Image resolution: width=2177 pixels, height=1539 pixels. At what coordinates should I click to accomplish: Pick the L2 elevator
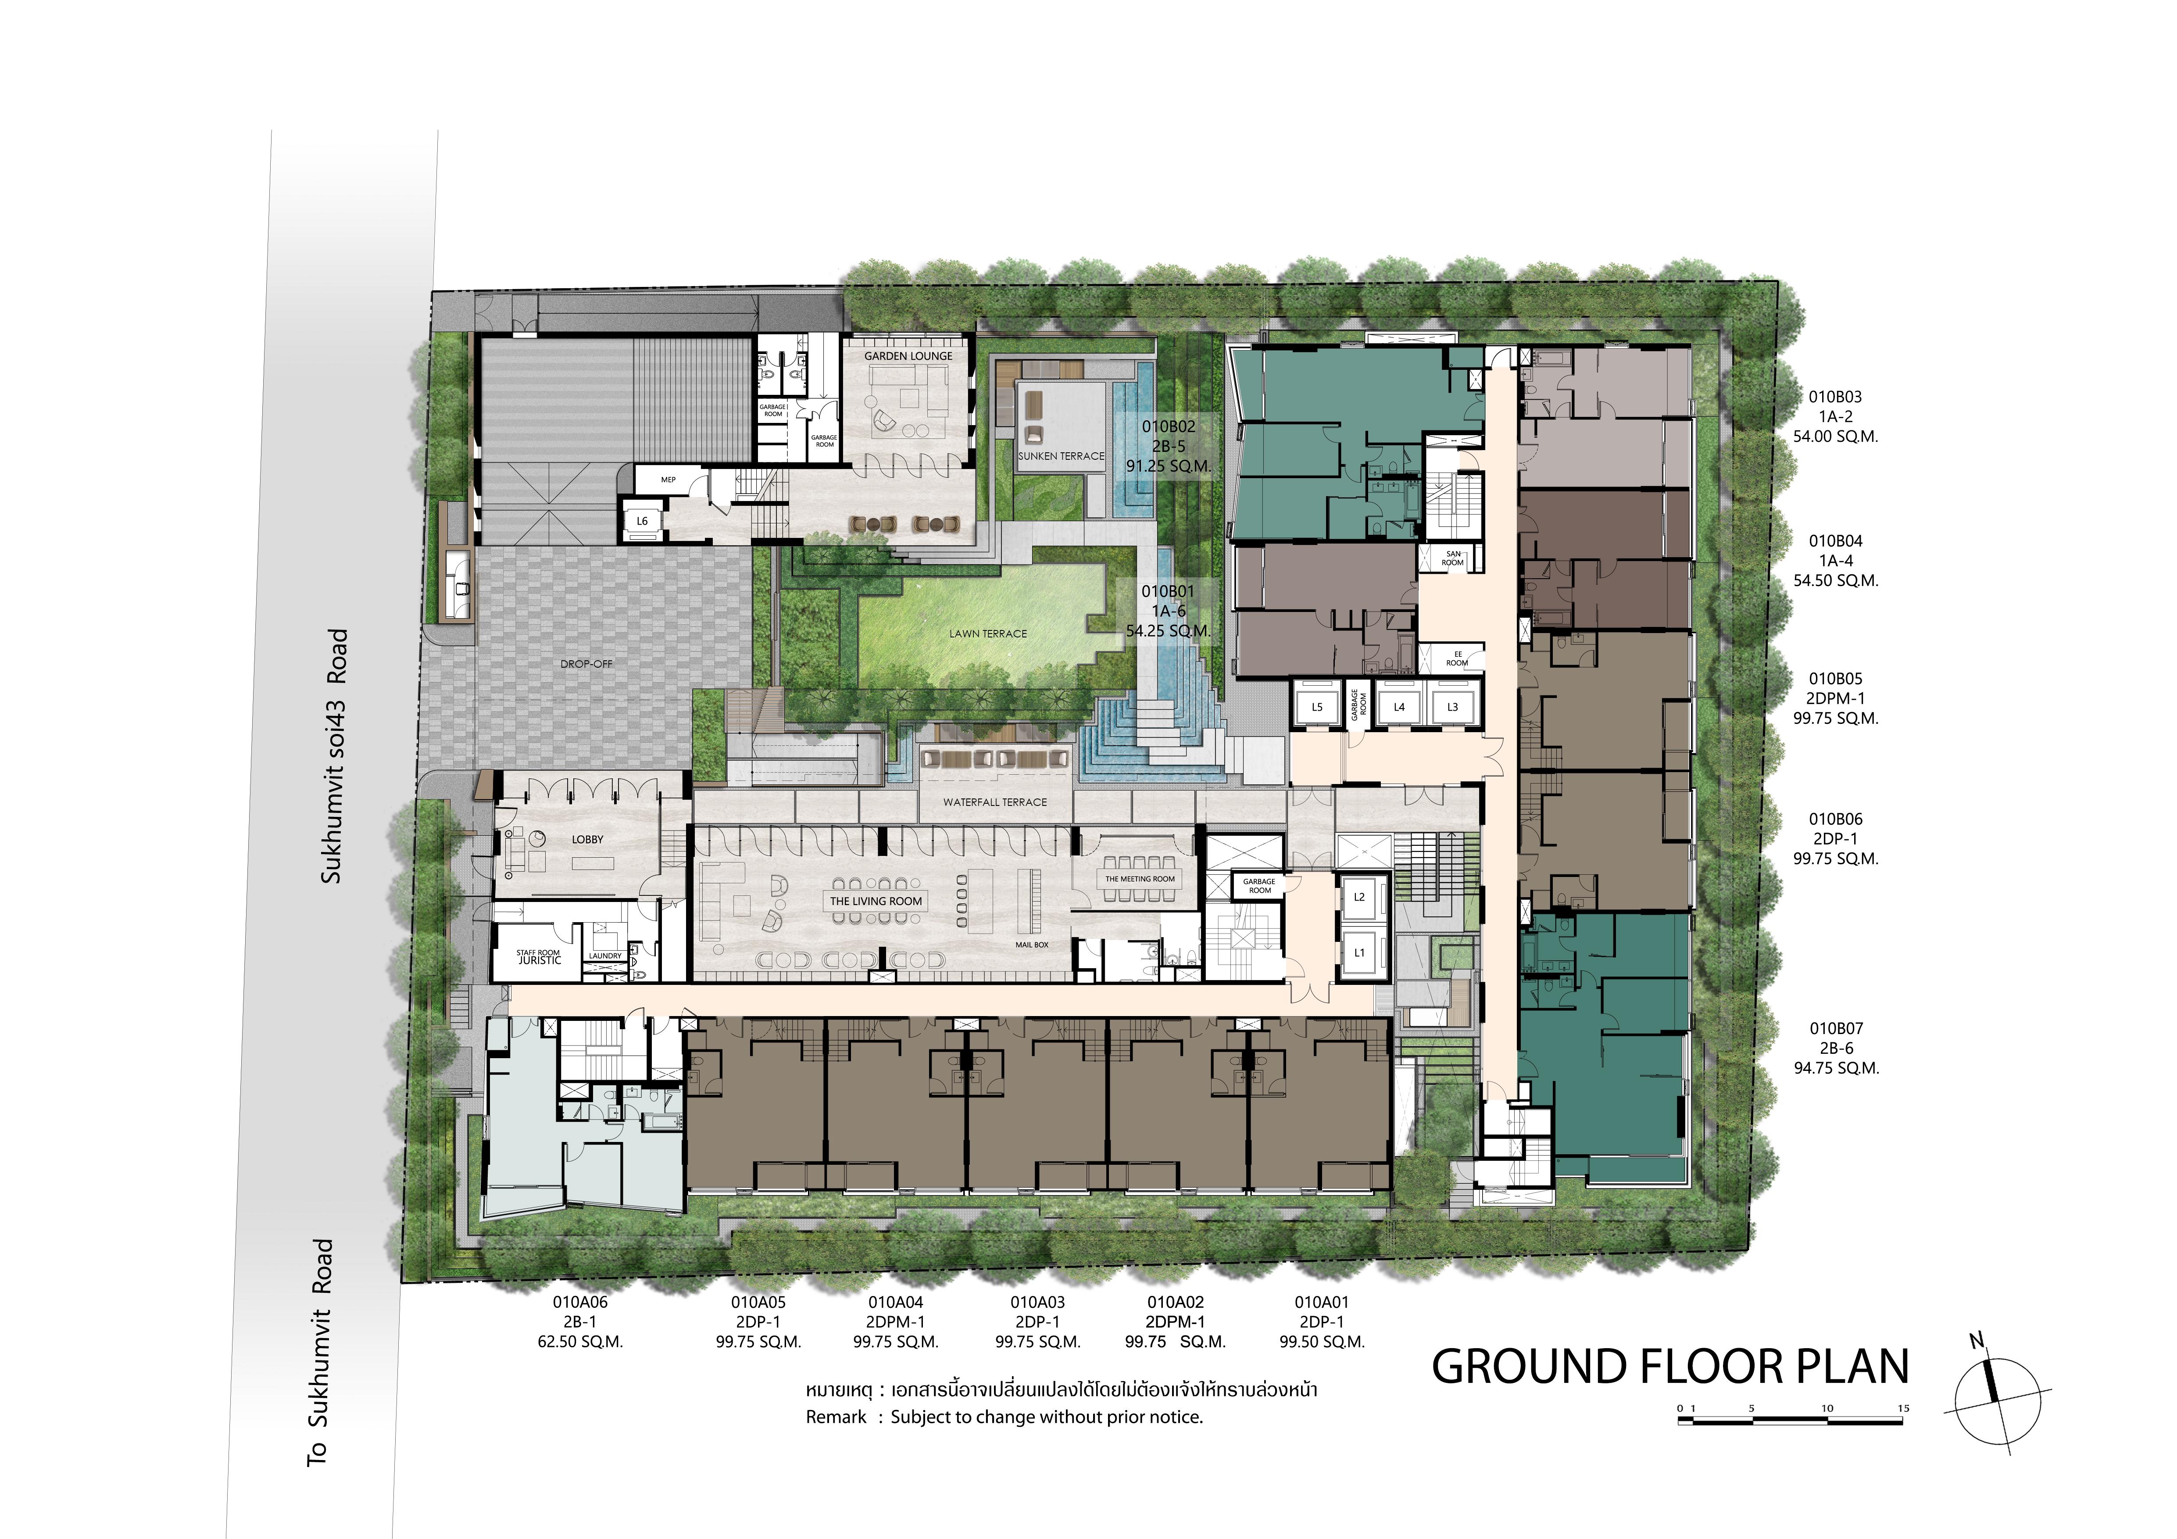1360,897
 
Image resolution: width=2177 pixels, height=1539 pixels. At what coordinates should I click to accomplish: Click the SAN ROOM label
1453,558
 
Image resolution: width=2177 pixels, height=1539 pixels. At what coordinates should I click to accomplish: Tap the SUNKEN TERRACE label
1061,456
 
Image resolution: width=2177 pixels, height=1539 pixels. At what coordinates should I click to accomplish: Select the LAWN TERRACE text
988,633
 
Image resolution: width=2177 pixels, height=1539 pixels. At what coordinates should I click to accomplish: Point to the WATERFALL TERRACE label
995,802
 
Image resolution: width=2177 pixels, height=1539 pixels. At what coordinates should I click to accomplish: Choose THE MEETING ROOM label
1140,879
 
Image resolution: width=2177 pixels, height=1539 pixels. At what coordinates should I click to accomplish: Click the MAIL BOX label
1032,945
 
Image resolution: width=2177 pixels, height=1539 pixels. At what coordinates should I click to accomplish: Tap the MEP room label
668,480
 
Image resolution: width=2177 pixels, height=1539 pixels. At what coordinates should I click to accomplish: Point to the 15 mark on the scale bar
1903,1408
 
